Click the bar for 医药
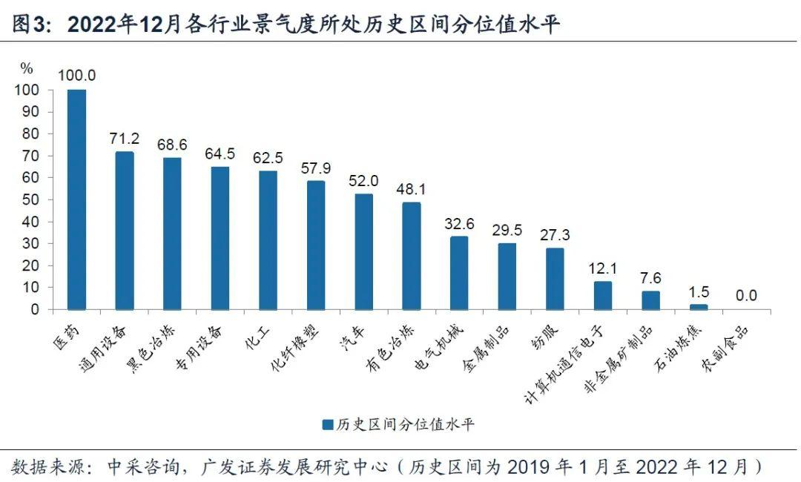coord(76,199)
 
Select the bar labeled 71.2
coord(125,231)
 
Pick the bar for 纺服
coord(556,279)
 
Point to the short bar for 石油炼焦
coord(699,306)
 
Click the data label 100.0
coord(77,75)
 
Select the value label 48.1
coord(412,188)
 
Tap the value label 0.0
coord(746,295)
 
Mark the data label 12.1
coord(603,268)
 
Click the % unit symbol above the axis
coord(27,69)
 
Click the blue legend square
coord(327,425)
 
